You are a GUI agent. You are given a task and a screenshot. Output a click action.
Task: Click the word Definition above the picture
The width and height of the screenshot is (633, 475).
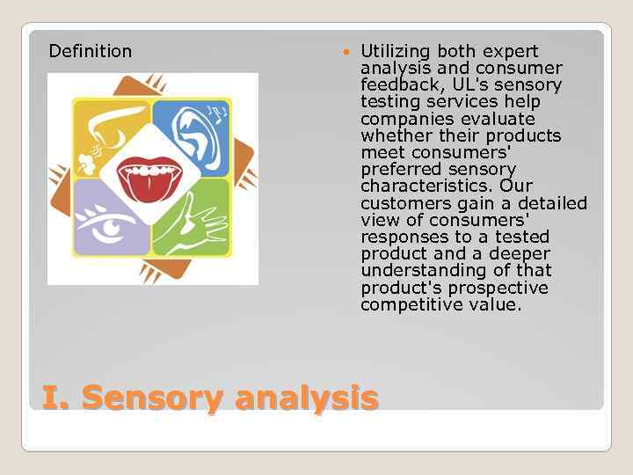pyautogui.click(x=91, y=52)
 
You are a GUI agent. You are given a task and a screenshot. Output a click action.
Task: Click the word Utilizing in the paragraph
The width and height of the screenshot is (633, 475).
pyautogui.click(x=396, y=52)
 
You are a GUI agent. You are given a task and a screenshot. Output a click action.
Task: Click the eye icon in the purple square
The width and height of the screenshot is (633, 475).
pyautogui.click(x=110, y=223)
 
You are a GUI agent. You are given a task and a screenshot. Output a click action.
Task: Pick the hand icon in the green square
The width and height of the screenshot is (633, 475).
pyautogui.click(x=193, y=220)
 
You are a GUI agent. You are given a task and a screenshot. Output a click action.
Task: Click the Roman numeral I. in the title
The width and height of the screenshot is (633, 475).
pyautogui.click(x=56, y=398)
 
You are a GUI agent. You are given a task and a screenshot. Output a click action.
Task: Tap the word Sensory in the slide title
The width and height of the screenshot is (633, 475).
pyautogui.click(x=152, y=399)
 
